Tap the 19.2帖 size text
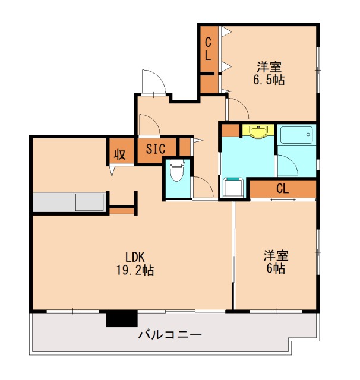tap(135, 271)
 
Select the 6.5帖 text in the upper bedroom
tap(269, 79)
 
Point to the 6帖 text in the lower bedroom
tap(276, 268)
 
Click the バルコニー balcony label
tap(170, 335)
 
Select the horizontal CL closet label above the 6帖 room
tap(282, 189)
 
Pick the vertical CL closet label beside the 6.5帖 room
tap(209, 49)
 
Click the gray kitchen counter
tap(70, 202)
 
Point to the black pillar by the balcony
tap(121, 318)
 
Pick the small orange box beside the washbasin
tap(230, 131)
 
